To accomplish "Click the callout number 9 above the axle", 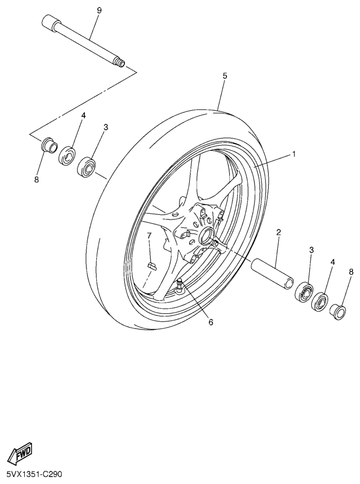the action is pyautogui.click(x=99, y=10).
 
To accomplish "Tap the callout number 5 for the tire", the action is pyautogui.click(x=225, y=76).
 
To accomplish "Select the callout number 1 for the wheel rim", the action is pyautogui.click(x=294, y=154).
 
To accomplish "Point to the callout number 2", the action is pyautogui.click(x=278, y=233).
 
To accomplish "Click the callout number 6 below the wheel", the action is pyautogui.click(x=211, y=322).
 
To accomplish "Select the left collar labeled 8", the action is pyautogui.click(x=49, y=145).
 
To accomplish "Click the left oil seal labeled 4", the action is pyautogui.click(x=67, y=156).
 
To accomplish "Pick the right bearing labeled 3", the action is pyautogui.click(x=304, y=291).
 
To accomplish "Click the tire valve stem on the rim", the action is pyautogui.click(x=179, y=284).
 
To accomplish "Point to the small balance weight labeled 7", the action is pyautogui.click(x=151, y=266).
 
